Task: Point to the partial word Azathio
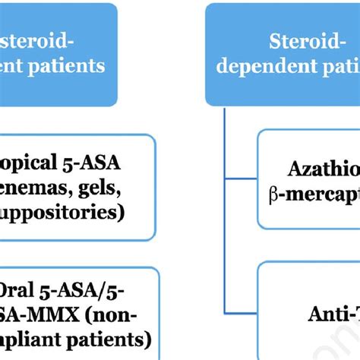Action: [x=322, y=169]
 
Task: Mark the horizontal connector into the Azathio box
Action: [x=241, y=181]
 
